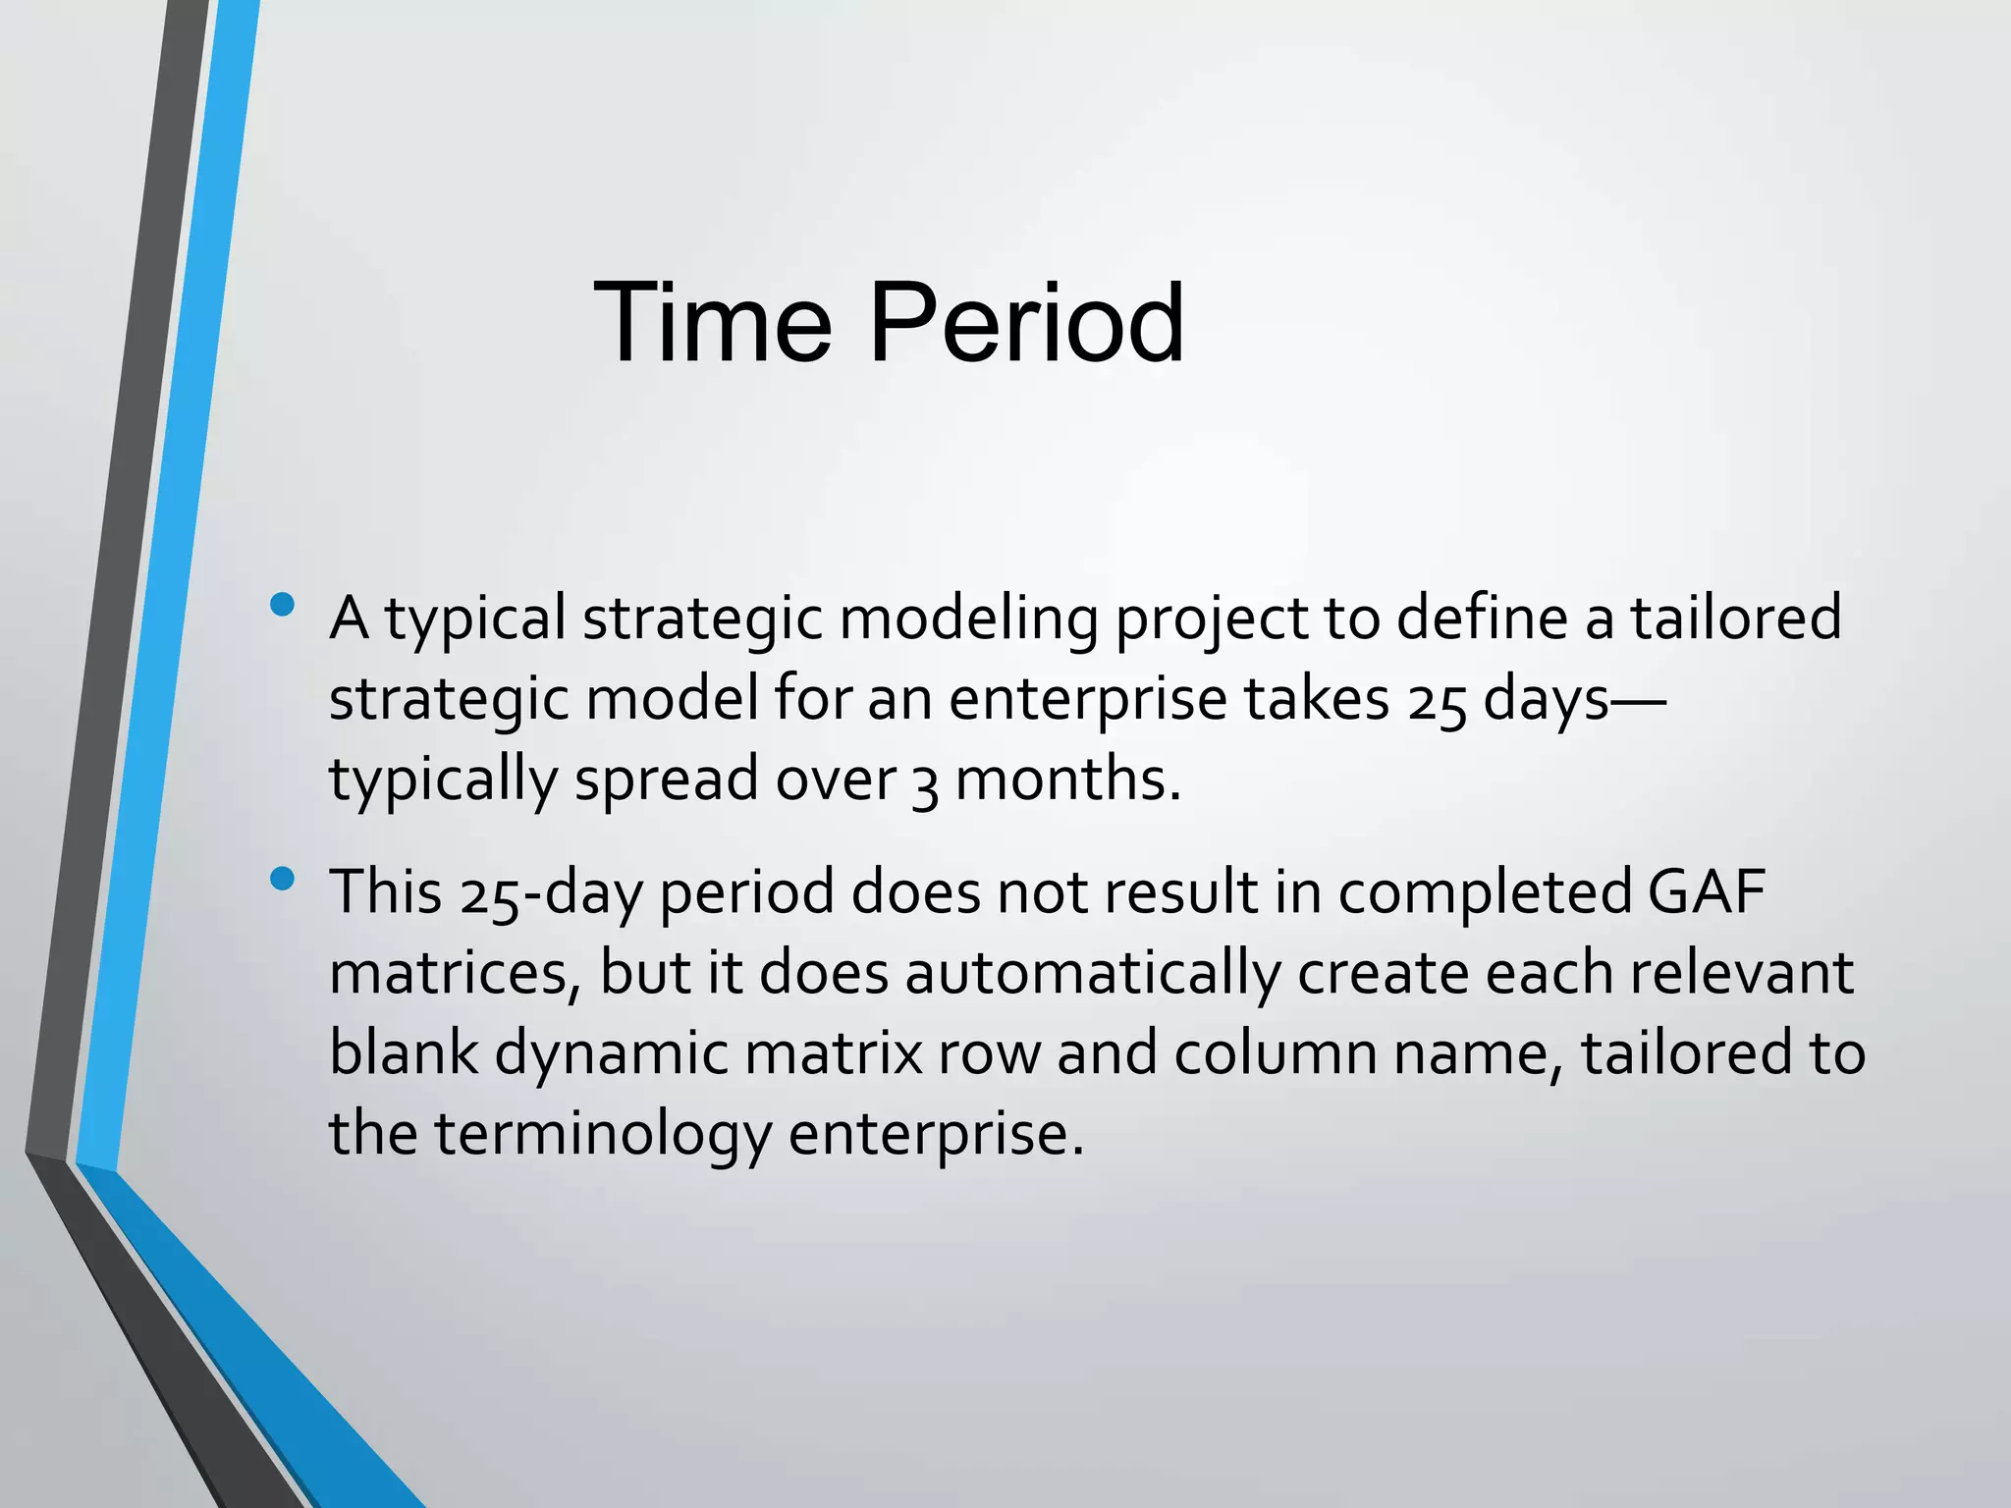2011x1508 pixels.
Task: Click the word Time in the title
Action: (x=712, y=323)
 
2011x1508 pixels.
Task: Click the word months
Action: (x=1067, y=780)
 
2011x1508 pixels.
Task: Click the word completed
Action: (x=1484, y=894)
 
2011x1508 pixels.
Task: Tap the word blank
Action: (x=403, y=1053)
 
